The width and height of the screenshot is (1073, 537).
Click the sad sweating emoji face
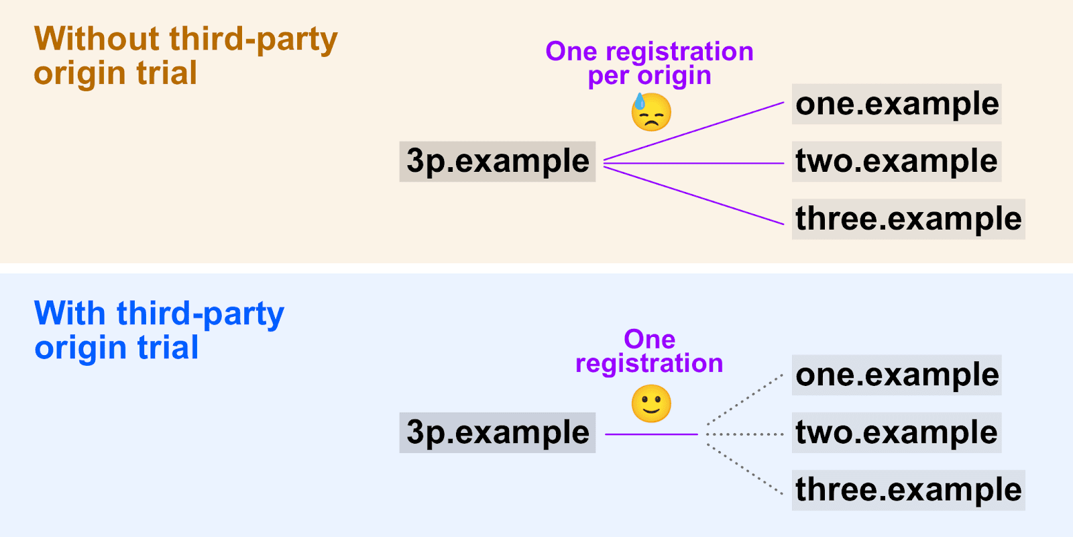[651, 111]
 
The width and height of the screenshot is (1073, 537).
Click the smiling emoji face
[651, 403]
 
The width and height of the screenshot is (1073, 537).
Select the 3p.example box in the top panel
[497, 161]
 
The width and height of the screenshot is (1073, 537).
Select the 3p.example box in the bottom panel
[497, 432]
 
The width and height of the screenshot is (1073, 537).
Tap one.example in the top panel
[897, 104]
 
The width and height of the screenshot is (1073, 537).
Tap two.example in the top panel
[897, 161]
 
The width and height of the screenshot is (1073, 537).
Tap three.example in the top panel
[908, 219]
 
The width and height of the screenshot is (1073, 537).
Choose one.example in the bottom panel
[897, 375]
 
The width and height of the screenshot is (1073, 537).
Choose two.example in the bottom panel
[897, 432]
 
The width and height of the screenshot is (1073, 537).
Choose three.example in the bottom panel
[908, 490]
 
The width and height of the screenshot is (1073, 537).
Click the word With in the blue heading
[70, 313]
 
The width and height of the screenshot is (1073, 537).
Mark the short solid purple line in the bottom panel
[651, 434]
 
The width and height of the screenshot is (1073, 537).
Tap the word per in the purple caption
[607, 76]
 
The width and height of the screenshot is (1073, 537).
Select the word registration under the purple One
[649, 364]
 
